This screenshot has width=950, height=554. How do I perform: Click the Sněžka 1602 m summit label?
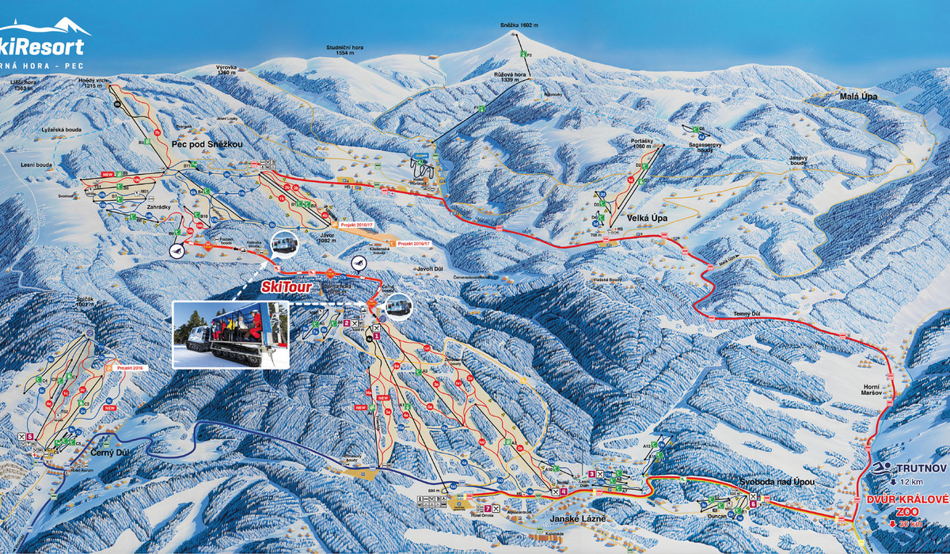[x=519, y=26]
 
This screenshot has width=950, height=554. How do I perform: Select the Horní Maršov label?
[x=876, y=389]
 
